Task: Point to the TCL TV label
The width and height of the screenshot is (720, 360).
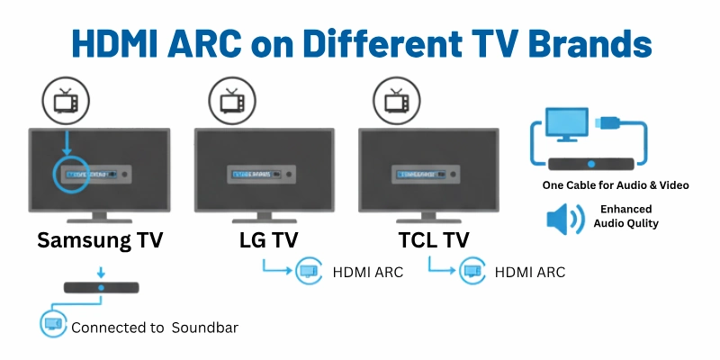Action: pyautogui.click(x=434, y=240)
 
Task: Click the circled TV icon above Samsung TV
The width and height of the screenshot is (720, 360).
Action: pyautogui.click(x=66, y=101)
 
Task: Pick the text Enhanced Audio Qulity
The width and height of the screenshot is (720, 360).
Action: pyautogui.click(x=629, y=216)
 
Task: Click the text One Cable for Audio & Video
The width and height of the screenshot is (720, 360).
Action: pyautogui.click(x=616, y=185)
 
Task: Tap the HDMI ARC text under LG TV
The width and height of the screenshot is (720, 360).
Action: pyautogui.click(x=368, y=271)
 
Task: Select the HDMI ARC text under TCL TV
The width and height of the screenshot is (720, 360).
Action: pyautogui.click(x=530, y=271)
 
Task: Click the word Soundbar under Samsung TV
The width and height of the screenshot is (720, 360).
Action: pyautogui.click(x=208, y=328)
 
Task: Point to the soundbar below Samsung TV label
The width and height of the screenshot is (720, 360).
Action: pyautogui.click(x=101, y=288)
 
